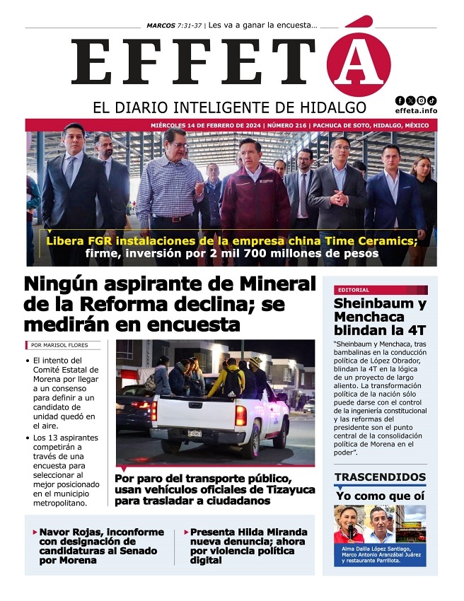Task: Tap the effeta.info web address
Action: click(416, 111)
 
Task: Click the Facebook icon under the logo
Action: click(400, 100)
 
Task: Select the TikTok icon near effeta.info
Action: click(431, 100)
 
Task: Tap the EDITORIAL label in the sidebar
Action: click(354, 290)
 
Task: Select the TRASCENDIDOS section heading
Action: click(380, 477)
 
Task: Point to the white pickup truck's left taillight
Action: click(153, 411)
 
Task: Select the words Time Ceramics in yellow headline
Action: click(371, 240)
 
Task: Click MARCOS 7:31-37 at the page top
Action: click(174, 25)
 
